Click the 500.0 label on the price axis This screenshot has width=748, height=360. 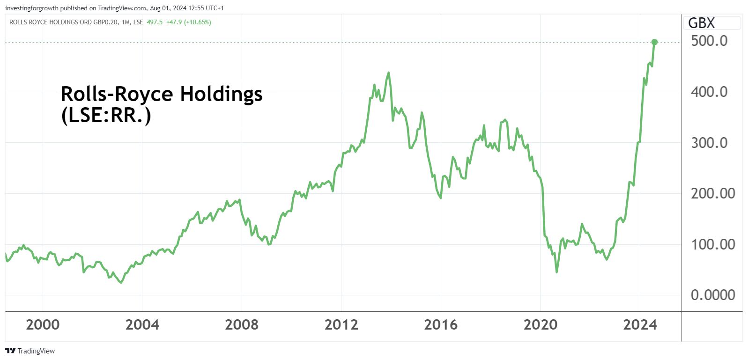pyautogui.click(x=709, y=41)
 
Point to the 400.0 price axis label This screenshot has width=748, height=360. pyautogui.click(x=709, y=92)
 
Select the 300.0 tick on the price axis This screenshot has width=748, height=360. pyautogui.click(x=709, y=143)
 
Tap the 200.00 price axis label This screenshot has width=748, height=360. pyautogui.click(x=713, y=193)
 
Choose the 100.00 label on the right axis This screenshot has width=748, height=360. pyautogui.click(x=713, y=244)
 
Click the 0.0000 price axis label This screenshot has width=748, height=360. pyautogui.click(x=713, y=295)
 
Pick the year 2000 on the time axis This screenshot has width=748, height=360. pyautogui.click(x=43, y=324)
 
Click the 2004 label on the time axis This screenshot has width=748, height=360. pyautogui.click(x=142, y=324)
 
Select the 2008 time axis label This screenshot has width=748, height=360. pyautogui.click(x=242, y=324)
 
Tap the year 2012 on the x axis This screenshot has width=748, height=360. pyautogui.click(x=341, y=324)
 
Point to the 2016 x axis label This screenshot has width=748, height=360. pyautogui.click(x=441, y=324)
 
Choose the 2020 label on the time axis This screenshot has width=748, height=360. pyautogui.click(x=540, y=324)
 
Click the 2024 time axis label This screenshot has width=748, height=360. pyautogui.click(x=640, y=324)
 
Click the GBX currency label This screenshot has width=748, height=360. pyautogui.click(x=701, y=23)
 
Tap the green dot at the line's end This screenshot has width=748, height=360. pyautogui.click(x=654, y=42)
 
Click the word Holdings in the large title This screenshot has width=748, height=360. pyautogui.click(x=221, y=94)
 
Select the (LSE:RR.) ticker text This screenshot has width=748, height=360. pyautogui.click(x=106, y=115)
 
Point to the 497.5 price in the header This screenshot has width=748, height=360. pyautogui.click(x=155, y=22)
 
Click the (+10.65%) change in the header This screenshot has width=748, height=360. pyautogui.click(x=198, y=22)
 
